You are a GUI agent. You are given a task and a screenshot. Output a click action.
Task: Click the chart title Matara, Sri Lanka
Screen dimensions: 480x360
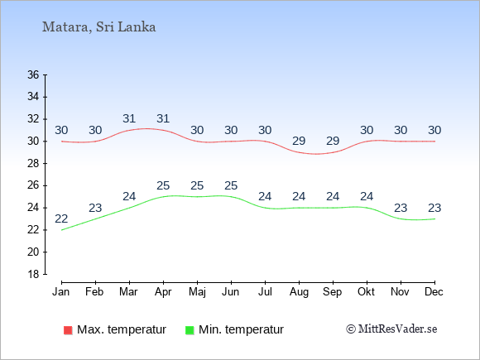point(98,27)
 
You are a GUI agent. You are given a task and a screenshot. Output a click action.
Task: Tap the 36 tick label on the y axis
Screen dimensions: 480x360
point(33,74)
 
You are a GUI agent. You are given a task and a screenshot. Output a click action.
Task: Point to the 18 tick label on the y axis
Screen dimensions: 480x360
point(33,274)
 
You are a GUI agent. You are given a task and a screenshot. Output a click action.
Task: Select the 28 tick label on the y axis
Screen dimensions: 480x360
point(33,164)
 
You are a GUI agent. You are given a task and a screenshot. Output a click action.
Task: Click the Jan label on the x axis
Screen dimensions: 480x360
point(61,292)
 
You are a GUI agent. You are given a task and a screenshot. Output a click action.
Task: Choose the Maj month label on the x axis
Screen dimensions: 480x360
point(197,292)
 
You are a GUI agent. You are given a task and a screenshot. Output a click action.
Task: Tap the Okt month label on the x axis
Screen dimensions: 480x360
point(366,292)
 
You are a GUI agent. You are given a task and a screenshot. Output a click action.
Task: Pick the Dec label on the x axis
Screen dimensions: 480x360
point(434,292)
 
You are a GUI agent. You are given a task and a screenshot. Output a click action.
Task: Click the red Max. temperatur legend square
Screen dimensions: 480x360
point(68,330)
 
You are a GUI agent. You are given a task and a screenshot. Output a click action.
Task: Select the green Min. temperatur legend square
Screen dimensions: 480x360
point(190,330)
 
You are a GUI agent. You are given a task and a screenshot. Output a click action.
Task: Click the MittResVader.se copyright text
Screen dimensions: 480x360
point(391,329)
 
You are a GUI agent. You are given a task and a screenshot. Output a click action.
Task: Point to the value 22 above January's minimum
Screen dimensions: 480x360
point(61,218)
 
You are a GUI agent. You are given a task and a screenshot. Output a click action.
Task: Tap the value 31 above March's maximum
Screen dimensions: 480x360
point(129,118)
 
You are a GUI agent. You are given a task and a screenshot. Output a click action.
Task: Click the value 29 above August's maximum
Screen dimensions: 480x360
point(299,142)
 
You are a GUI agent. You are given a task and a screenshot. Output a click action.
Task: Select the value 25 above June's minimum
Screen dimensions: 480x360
point(231,186)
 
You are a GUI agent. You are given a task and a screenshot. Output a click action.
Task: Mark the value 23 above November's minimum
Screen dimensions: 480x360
point(401,209)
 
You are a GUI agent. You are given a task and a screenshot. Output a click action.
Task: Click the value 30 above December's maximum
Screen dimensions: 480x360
point(434,131)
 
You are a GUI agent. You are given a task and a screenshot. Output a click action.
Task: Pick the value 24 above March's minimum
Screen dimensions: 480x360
point(129,196)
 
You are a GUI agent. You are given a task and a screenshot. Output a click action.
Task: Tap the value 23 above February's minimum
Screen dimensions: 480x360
point(95,209)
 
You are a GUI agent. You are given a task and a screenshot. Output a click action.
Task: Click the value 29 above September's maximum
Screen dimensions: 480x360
point(333,142)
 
